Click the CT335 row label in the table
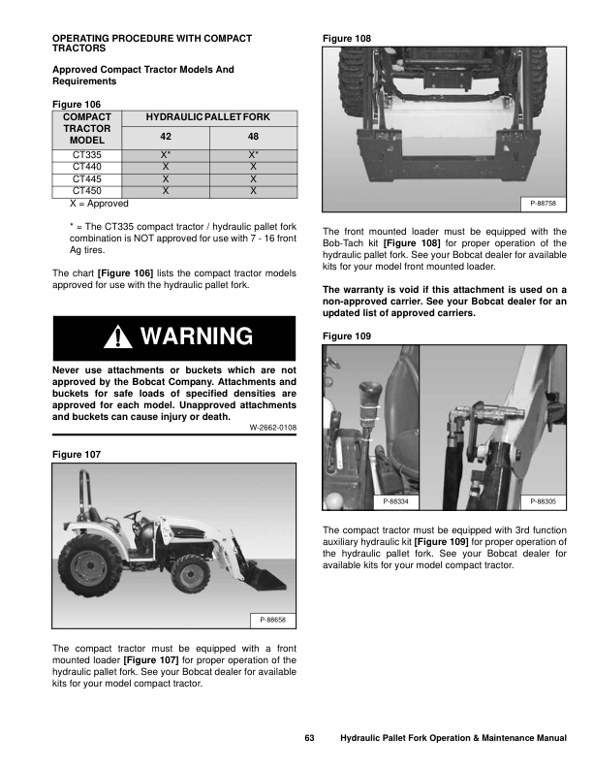tap(87, 154)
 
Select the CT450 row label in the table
tap(87, 191)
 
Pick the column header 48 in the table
tap(253, 136)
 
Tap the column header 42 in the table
tap(166, 136)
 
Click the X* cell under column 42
tap(166, 154)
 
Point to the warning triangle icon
tap(118, 337)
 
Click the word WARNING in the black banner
tap(197, 337)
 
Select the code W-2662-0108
tap(272, 427)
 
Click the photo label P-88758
tap(543, 204)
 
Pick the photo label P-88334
tap(395, 501)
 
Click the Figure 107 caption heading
tap(76, 454)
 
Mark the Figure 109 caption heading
tap(346, 336)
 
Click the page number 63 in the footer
tap(310, 739)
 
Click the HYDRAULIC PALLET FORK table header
tap(207, 116)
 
